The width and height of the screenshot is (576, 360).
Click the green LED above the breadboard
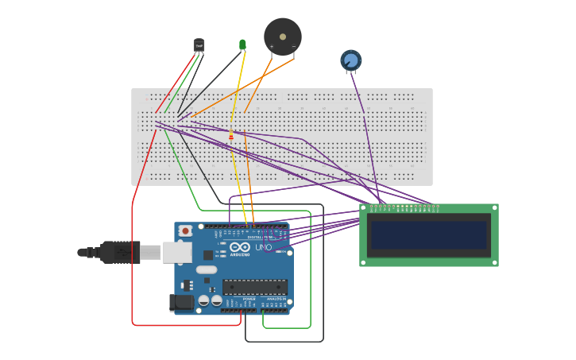tap(242, 45)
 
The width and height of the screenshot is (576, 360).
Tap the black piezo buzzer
tap(283, 37)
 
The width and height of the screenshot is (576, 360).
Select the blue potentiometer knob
tap(351, 60)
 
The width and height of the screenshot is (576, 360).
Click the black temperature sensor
tap(199, 45)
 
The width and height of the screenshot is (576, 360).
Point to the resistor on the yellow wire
tap(231, 136)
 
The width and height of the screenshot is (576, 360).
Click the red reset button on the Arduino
tap(185, 230)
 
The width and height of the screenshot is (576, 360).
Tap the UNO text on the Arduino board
tap(263, 248)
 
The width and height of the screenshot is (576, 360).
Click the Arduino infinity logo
tap(240, 248)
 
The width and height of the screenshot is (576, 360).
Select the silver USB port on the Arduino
tap(176, 253)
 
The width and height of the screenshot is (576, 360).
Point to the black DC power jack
tap(182, 302)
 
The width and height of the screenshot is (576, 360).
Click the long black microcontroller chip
tap(254, 287)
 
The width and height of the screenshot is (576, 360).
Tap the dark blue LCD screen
tap(428, 235)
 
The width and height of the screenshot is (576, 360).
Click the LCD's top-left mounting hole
tap(365, 209)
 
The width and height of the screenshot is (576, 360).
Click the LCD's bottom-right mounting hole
tap(493, 261)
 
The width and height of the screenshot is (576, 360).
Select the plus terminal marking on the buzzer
tap(272, 47)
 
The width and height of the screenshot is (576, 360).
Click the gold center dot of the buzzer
tap(283, 35)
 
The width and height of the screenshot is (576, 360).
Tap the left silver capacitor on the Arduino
tap(204, 300)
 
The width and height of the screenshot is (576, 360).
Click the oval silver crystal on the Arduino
tap(207, 269)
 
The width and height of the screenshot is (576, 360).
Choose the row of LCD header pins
tap(404, 207)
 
